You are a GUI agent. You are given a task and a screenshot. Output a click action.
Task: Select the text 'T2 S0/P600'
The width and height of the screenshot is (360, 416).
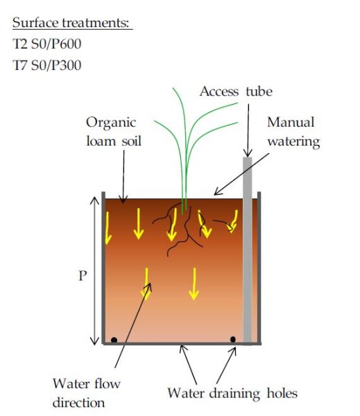click(x=47, y=44)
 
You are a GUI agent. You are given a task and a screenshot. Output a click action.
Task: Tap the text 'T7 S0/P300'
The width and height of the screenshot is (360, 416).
click(x=47, y=65)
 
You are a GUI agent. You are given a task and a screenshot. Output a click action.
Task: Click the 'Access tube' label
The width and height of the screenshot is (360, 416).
click(x=236, y=92)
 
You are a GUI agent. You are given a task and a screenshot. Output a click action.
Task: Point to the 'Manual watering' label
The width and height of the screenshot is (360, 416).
click(x=293, y=132)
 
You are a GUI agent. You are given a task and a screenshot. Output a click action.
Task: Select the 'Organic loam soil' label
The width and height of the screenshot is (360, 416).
click(x=114, y=132)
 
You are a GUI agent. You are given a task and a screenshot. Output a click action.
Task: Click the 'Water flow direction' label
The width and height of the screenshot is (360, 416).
click(x=86, y=393)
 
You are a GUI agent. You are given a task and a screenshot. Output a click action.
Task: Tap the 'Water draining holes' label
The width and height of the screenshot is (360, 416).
click(x=232, y=393)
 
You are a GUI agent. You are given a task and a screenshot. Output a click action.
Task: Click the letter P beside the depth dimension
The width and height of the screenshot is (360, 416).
click(x=83, y=276)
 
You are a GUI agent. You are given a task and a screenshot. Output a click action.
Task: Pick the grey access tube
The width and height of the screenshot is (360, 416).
click(x=248, y=250)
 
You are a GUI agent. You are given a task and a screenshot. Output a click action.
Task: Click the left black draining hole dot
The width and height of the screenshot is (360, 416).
click(x=114, y=340)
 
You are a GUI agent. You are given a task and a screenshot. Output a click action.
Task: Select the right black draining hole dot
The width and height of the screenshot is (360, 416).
click(x=233, y=339)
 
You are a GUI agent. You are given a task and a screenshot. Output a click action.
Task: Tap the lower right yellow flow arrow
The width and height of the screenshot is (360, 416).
click(x=194, y=284)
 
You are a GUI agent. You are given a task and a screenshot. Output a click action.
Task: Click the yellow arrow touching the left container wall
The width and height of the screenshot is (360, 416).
click(x=108, y=228)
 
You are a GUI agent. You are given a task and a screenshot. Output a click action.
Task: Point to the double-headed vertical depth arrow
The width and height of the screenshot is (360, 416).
click(x=94, y=270)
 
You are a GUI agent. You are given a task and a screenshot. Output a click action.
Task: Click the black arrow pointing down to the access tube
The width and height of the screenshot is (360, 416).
click(x=248, y=130)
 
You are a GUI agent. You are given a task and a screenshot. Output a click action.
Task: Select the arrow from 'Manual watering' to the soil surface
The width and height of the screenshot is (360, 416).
click(x=241, y=174)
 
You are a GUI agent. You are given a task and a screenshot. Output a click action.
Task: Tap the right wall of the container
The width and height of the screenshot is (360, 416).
click(x=259, y=268)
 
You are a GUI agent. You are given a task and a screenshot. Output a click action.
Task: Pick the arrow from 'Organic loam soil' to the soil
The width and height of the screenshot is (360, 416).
click(x=123, y=177)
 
